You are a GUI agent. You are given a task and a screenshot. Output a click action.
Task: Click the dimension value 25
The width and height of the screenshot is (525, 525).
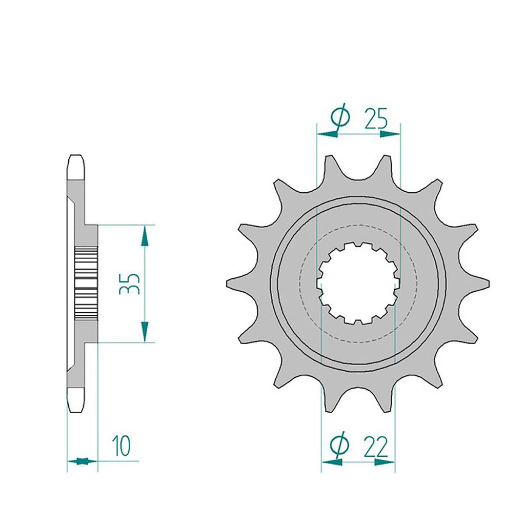coord(376,118)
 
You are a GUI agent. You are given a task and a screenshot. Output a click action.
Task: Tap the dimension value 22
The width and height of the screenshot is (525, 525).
coord(375,447)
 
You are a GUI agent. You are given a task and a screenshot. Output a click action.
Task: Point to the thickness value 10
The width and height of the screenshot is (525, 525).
coord(121,446)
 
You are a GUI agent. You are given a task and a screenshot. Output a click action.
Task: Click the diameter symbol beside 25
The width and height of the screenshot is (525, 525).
coord(340,118)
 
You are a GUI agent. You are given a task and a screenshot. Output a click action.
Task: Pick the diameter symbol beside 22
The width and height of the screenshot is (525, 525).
coord(339,446)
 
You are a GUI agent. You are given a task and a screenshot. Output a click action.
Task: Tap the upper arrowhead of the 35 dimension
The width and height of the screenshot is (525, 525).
coord(145,236)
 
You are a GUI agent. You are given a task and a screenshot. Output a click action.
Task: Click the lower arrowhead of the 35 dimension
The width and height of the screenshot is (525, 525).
coord(145,332)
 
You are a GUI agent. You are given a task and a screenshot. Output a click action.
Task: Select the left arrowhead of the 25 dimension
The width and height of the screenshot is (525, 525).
coord(328,134)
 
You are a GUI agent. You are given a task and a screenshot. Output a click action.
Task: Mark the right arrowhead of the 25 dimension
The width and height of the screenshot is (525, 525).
coord(390,134)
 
